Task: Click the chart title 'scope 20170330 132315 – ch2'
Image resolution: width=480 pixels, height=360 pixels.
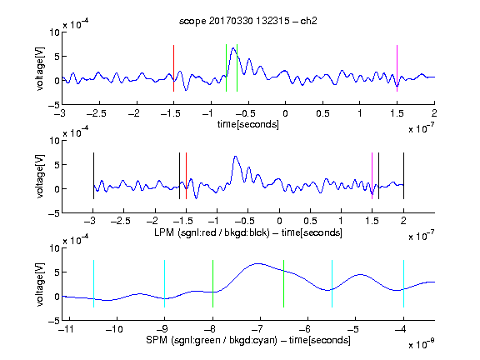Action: coord(247,21)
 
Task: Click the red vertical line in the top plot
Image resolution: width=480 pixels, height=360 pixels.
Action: coord(173,68)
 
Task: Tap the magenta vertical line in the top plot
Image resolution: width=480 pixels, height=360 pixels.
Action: coord(397,68)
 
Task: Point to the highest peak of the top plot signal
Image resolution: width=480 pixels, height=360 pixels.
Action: coord(233,48)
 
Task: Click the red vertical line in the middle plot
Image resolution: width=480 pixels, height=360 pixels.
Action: coord(186,176)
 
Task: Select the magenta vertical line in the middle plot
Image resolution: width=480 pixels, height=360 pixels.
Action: coord(372,176)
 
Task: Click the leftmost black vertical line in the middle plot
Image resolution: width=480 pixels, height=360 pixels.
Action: coord(93,176)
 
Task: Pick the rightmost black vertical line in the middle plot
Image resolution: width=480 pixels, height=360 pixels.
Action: coord(403,176)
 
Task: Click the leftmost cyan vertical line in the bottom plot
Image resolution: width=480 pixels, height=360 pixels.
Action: coord(93,283)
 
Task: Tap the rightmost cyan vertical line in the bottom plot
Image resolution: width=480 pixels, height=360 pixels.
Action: coord(403,283)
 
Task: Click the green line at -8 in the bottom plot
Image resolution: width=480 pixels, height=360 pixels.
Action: coord(212,283)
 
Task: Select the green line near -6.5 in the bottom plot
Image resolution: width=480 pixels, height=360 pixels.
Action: coord(284,283)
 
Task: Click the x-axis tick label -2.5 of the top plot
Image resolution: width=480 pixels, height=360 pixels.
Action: coord(96,113)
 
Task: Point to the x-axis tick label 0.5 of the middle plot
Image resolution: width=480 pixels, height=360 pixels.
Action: coord(310,221)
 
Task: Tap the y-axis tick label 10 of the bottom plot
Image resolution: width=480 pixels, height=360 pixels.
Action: coord(54,248)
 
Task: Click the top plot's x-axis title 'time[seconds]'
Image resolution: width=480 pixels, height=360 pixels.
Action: coord(248,124)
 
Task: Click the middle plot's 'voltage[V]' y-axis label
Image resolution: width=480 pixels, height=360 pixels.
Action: coord(40,176)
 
